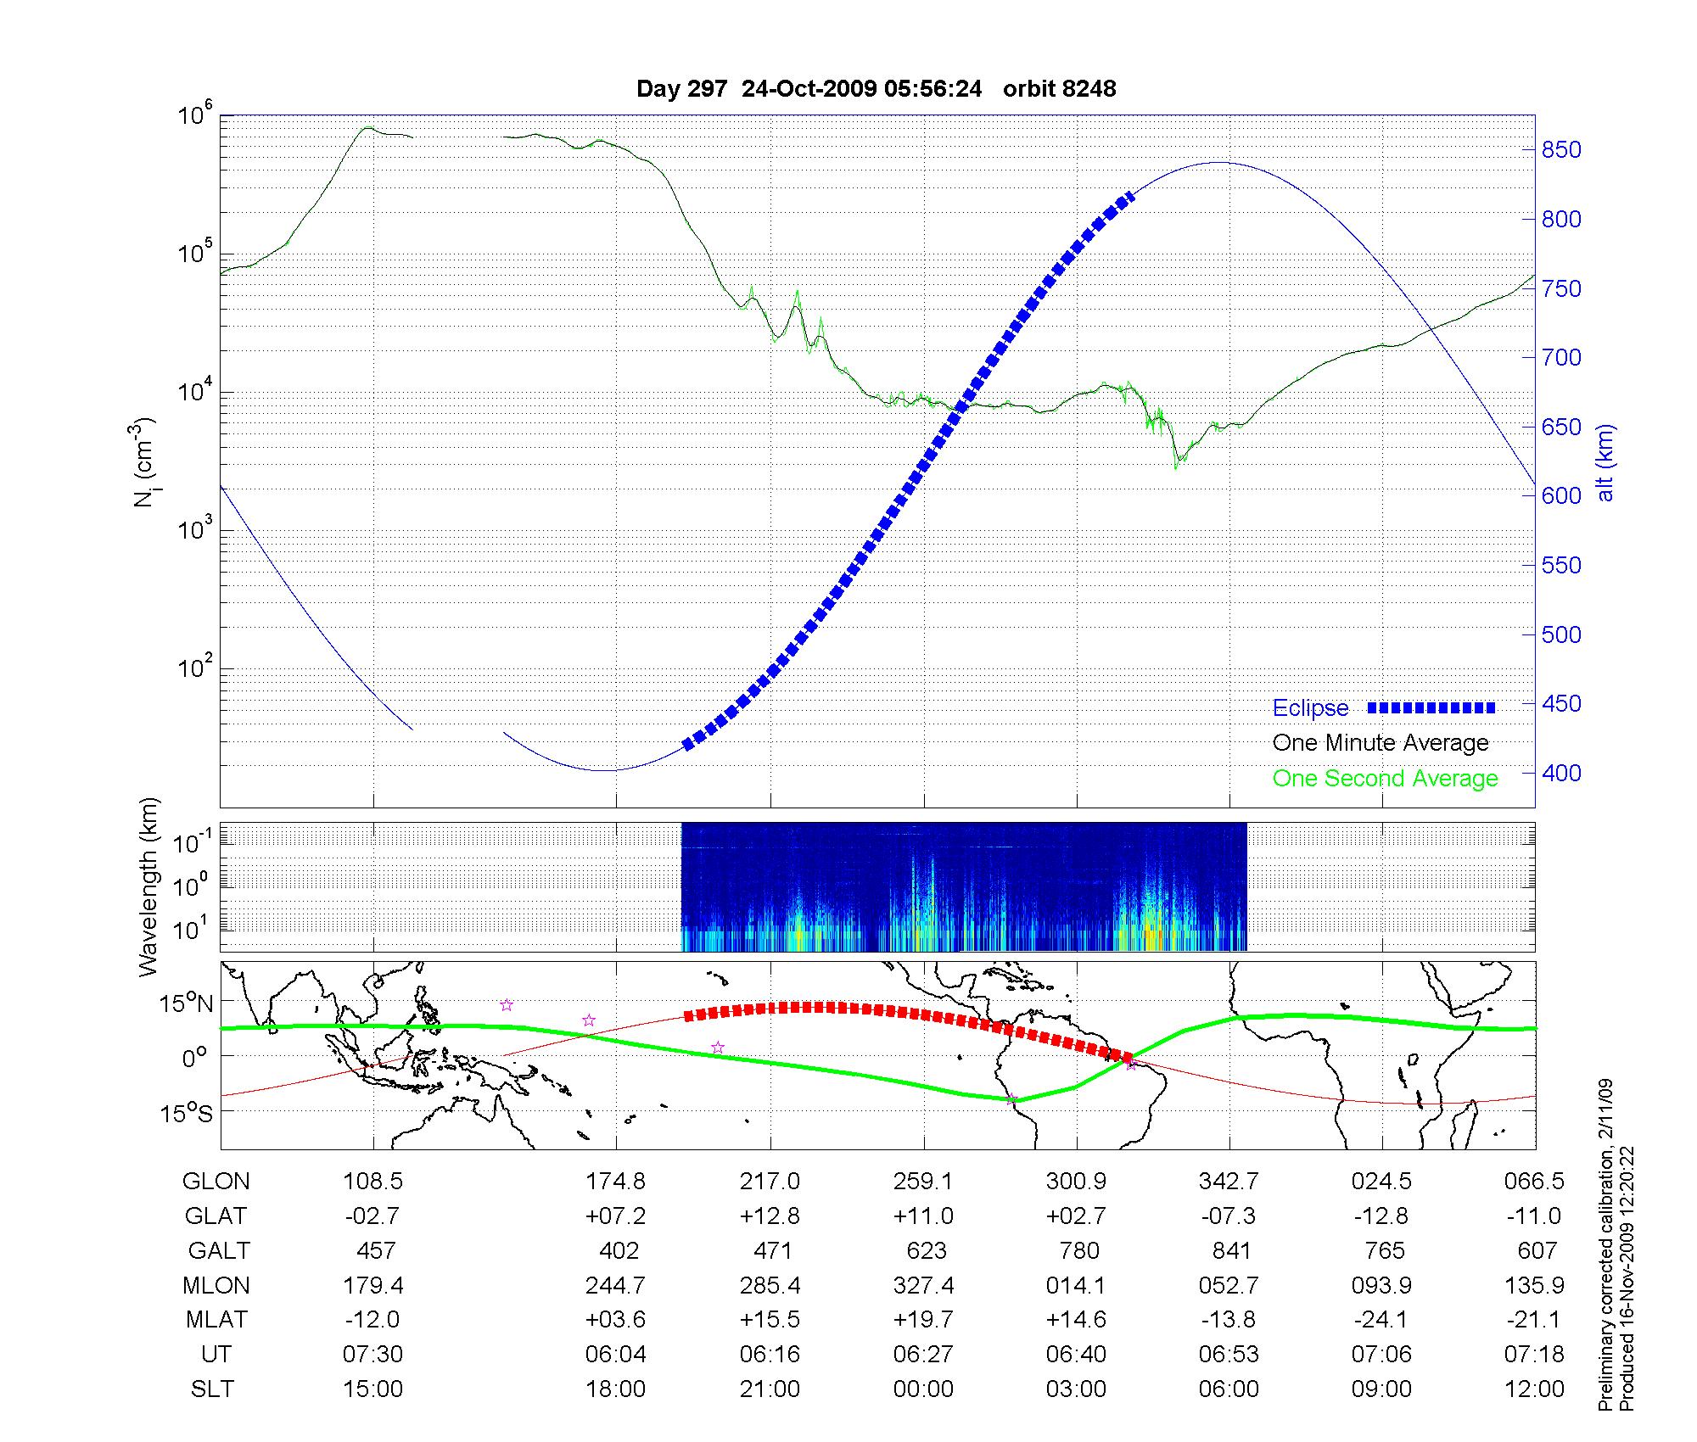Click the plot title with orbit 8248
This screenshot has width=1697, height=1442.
tap(876, 89)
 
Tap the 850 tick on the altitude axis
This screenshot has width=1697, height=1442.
tap(1561, 150)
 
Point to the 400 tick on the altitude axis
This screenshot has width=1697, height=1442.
tap(1561, 773)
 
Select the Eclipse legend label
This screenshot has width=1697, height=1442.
tap(1310, 708)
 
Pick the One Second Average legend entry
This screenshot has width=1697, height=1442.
tap(1385, 779)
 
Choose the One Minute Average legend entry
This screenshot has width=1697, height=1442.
tap(1381, 743)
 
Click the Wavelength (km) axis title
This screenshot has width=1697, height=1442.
tap(148, 886)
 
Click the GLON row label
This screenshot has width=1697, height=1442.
tap(216, 1181)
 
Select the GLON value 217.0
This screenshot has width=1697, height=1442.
tap(770, 1181)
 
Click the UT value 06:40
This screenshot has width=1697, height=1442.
tap(1076, 1354)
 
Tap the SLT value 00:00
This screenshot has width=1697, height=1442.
tap(923, 1389)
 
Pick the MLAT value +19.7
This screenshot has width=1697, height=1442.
tap(923, 1320)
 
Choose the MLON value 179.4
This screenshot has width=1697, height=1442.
tap(373, 1285)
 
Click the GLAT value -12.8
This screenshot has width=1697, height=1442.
tap(1381, 1216)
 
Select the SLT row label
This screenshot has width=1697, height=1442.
tap(212, 1389)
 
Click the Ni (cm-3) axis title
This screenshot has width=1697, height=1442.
tap(143, 462)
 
